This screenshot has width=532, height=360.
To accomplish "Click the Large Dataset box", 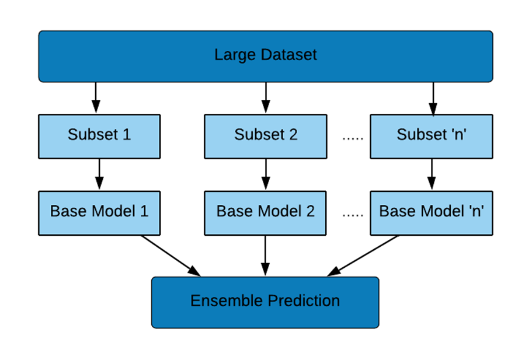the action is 266,56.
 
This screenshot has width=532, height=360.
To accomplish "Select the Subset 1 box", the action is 99,137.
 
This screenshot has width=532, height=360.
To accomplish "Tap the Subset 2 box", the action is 266,137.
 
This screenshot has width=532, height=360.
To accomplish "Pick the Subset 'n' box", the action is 432,137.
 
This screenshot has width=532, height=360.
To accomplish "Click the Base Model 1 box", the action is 99,213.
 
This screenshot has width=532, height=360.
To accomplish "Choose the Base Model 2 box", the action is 265,213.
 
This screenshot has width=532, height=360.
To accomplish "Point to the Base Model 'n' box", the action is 432,213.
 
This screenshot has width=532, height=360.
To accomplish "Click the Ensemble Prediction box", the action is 265,302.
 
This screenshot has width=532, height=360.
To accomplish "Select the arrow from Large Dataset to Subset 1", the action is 96,97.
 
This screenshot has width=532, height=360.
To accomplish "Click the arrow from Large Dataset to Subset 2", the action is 266,97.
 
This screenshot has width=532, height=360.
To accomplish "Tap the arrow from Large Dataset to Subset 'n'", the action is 433,99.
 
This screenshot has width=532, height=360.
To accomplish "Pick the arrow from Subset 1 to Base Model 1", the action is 99,174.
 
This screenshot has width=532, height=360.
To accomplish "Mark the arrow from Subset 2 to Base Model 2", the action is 266,174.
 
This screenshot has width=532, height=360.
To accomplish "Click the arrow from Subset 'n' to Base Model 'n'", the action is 432,174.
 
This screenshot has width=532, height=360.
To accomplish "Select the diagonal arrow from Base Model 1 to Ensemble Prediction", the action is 171,256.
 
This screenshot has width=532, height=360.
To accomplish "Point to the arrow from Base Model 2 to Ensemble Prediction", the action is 265,256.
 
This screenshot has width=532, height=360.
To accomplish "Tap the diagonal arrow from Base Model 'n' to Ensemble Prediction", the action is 363,256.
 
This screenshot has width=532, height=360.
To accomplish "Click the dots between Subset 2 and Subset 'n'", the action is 353,138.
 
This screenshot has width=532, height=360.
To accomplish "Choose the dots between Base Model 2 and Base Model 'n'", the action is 353,215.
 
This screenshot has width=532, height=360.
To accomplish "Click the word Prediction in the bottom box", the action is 304,300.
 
